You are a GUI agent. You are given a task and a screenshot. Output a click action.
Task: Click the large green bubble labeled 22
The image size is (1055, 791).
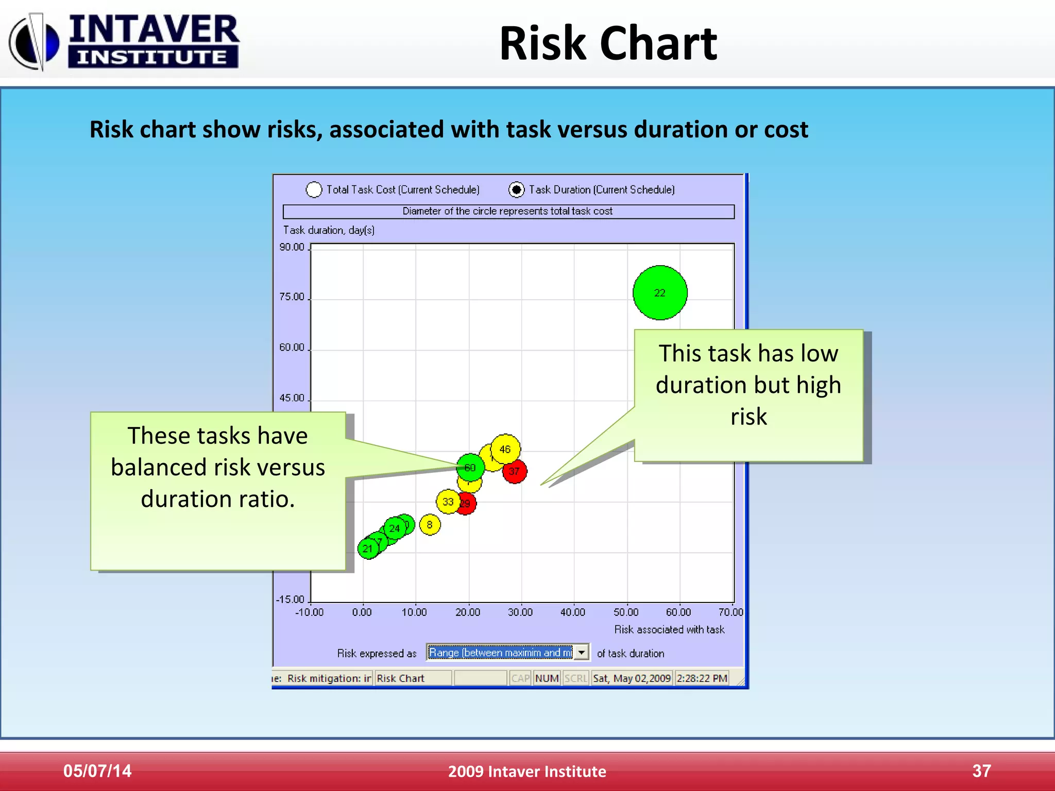[x=660, y=293]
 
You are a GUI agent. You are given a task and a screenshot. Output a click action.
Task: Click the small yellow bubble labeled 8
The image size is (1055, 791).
[x=430, y=525]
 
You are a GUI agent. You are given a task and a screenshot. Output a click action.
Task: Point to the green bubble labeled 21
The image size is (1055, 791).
[x=367, y=549]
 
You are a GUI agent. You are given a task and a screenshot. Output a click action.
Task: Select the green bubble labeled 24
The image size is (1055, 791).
[x=394, y=528]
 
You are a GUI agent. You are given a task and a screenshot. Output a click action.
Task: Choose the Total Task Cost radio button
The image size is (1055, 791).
[x=314, y=190]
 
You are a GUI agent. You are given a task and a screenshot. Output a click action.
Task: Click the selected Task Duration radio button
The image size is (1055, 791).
[x=516, y=190]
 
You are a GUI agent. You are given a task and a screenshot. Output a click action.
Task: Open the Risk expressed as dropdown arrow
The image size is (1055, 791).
[x=582, y=652]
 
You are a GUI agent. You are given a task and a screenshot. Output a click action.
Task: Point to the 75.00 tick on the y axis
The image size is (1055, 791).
[x=292, y=297]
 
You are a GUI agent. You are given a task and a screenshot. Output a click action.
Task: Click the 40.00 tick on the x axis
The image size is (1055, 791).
[x=573, y=612]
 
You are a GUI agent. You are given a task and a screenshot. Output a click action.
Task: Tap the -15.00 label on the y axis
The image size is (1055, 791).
[x=291, y=599]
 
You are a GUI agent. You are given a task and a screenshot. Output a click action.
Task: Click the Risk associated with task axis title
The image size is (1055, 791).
[x=669, y=629]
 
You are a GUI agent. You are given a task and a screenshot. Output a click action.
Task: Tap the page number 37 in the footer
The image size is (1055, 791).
[x=981, y=771]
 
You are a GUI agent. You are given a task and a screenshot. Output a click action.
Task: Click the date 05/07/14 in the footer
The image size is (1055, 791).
[x=97, y=771]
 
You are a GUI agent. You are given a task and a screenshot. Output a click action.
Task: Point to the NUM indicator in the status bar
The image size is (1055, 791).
[x=547, y=678]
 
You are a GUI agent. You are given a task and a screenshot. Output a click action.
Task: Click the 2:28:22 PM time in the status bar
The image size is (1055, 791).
[x=702, y=678]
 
